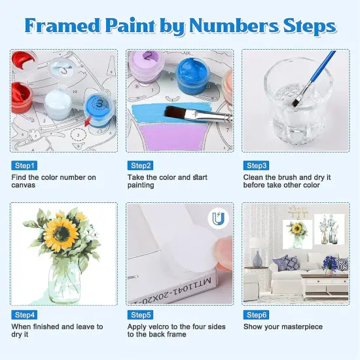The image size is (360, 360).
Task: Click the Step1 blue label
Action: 25,166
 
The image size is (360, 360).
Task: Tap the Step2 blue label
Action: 141,166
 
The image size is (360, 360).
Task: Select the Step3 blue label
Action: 257,166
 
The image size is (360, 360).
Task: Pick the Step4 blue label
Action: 25,315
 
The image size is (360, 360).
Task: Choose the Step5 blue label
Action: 141,315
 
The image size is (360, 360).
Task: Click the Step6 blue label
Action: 257,315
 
